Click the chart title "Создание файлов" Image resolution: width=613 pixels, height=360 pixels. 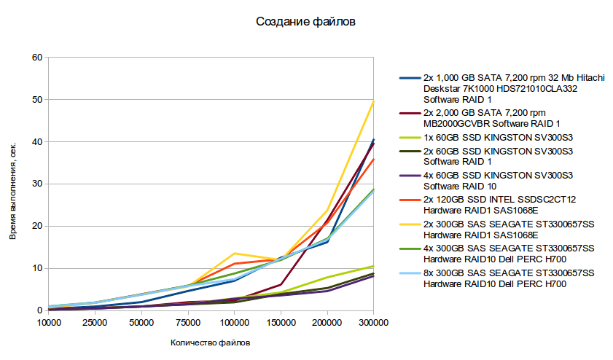(305, 22)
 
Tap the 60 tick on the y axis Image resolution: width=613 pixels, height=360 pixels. (37, 58)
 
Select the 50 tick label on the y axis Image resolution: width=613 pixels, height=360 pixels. (37, 100)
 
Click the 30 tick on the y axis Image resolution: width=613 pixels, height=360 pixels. (37, 184)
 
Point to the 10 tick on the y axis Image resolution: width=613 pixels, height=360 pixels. (37, 269)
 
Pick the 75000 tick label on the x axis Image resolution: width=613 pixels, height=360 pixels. (187, 321)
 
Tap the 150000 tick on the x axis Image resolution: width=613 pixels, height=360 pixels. (281, 321)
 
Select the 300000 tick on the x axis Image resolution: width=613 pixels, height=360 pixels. (373, 321)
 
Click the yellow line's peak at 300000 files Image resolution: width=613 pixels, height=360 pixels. (373, 101)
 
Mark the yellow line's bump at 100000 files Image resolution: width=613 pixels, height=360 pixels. (234, 254)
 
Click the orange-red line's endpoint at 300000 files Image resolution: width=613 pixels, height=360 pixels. (373, 159)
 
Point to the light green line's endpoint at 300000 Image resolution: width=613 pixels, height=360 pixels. (373, 266)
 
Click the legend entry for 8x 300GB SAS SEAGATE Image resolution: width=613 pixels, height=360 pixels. (509, 278)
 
